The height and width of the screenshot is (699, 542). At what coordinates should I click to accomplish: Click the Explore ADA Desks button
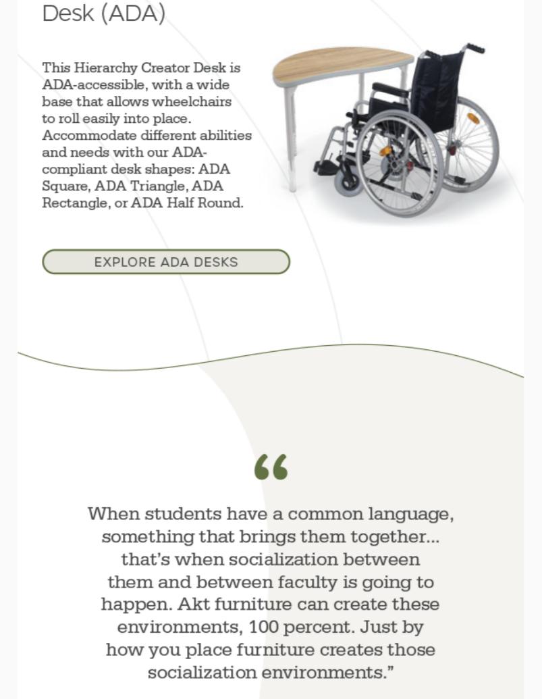pyautogui.click(x=166, y=262)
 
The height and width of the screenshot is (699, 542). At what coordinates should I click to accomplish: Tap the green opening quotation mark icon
pyautogui.click(x=271, y=467)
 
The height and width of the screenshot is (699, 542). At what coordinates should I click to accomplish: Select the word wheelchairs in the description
pyautogui.click(x=192, y=102)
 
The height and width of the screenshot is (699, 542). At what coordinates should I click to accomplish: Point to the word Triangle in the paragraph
pyautogui.click(x=157, y=186)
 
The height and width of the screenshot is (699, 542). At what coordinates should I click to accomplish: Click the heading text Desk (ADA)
pyautogui.click(x=103, y=13)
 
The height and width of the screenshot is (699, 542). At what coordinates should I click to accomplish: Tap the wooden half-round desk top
pyautogui.click(x=337, y=62)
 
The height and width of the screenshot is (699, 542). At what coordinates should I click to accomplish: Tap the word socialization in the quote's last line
pyautogui.click(x=202, y=673)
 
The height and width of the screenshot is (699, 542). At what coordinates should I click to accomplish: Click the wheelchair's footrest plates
pyautogui.click(x=325, y=165)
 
